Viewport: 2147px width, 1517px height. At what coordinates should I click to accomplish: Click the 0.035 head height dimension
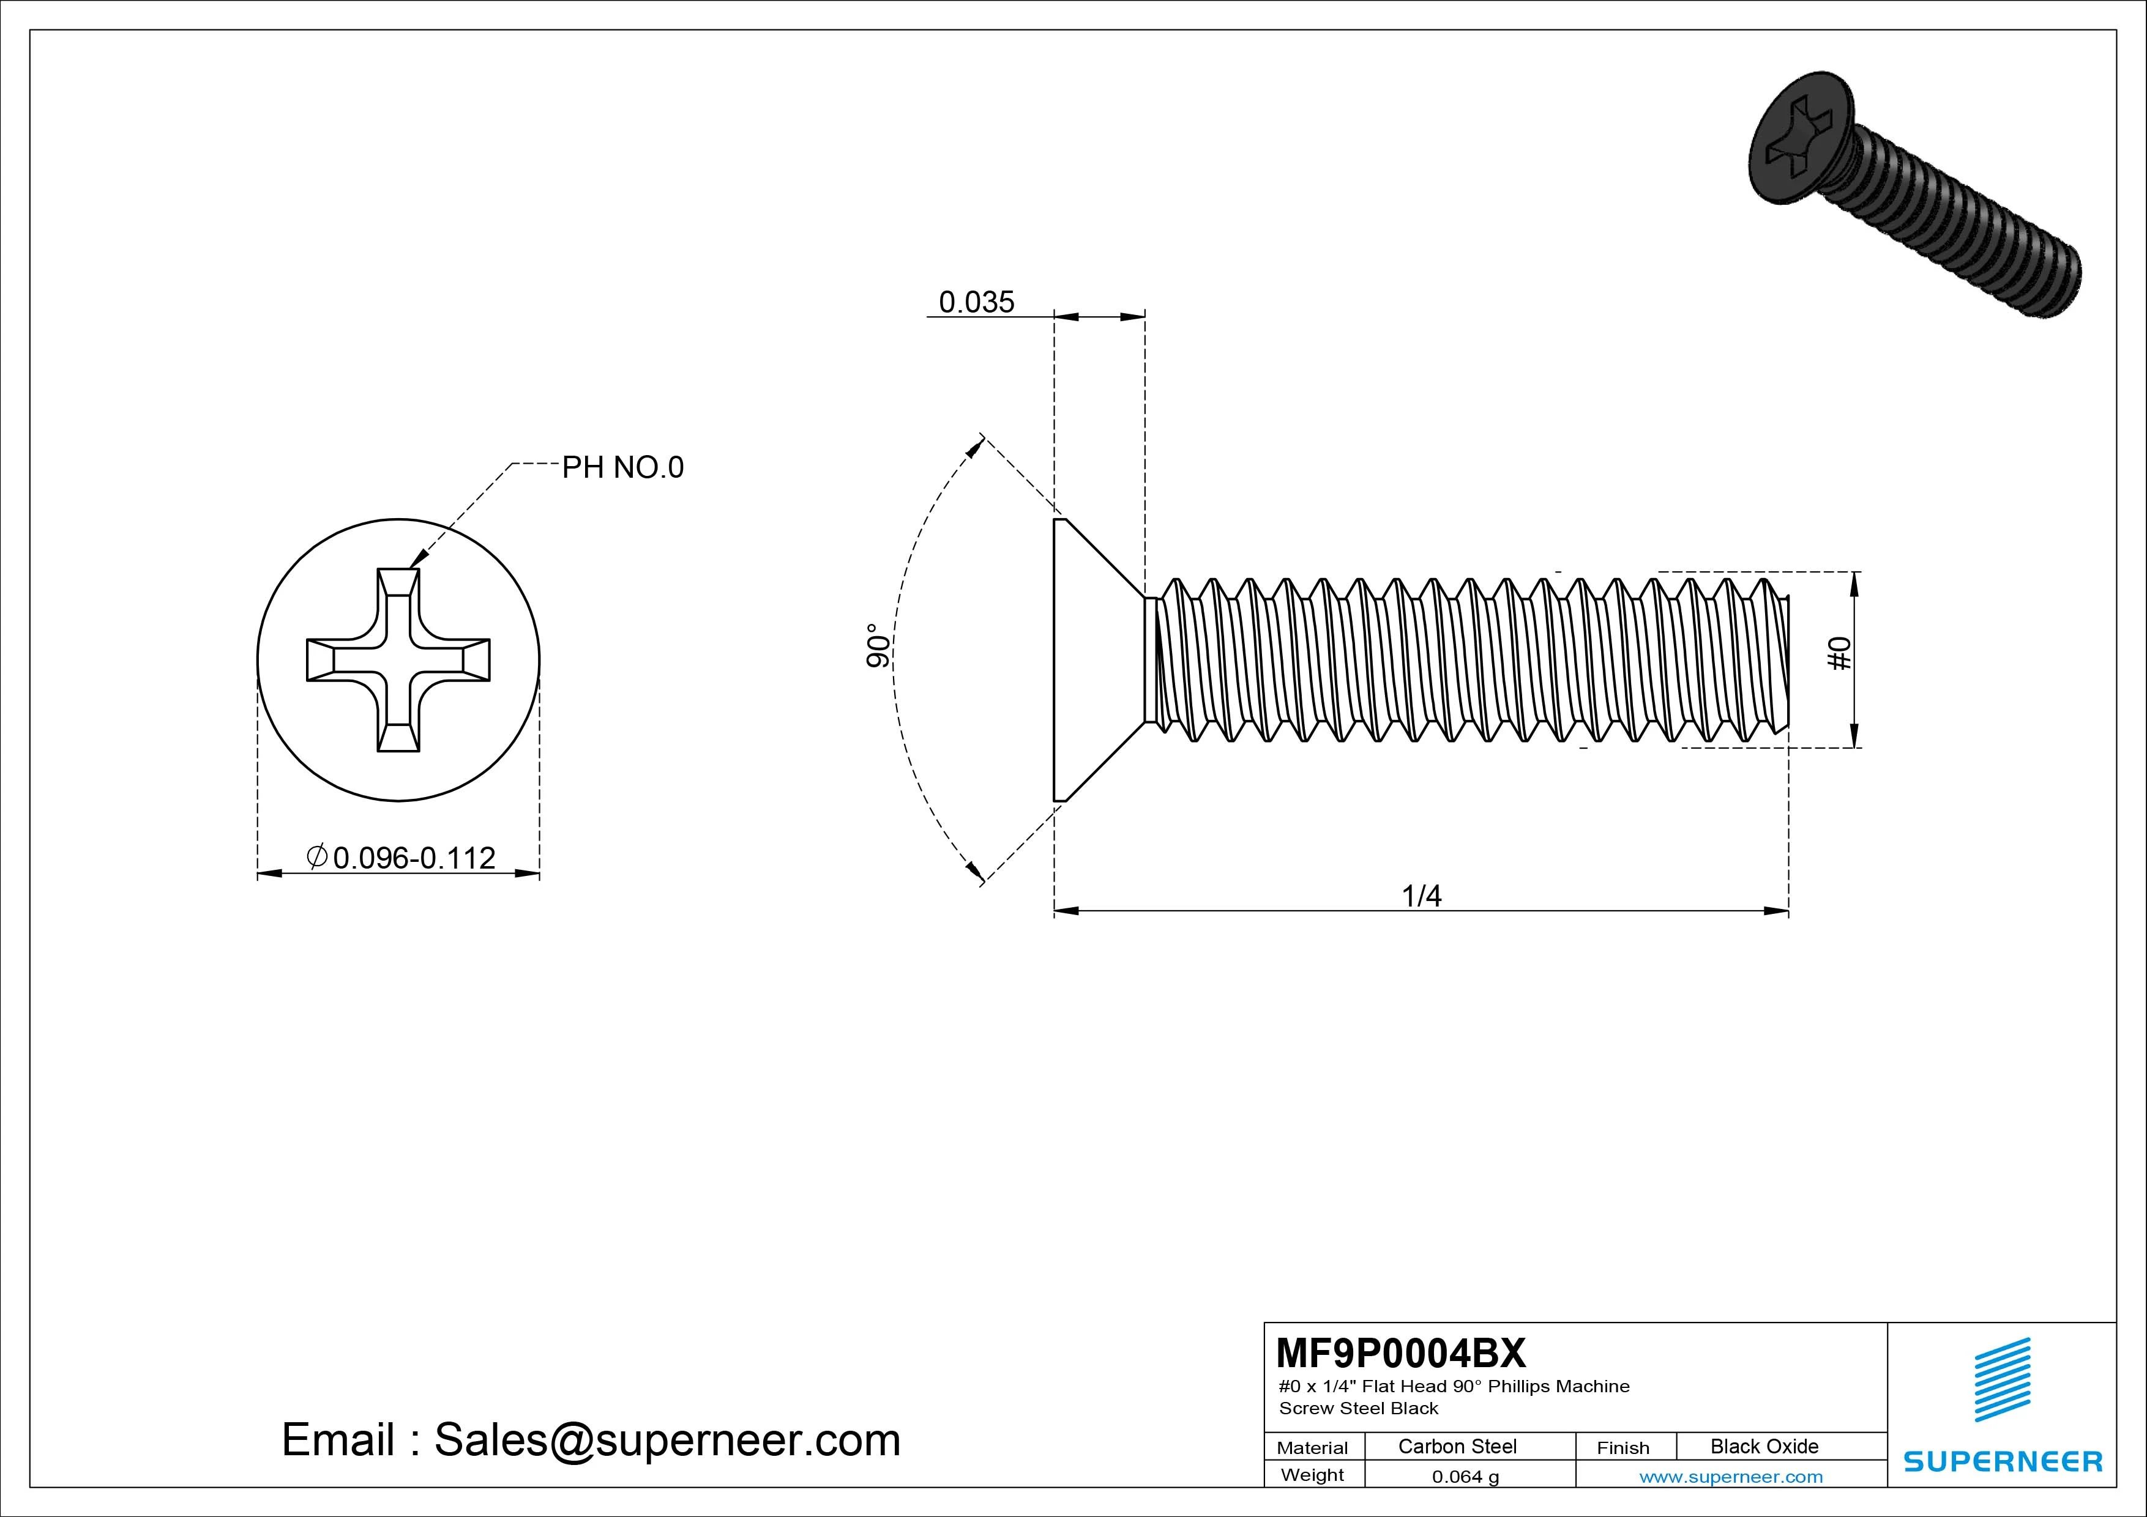[976, 302]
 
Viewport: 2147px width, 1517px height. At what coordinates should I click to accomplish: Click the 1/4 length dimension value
[1421, 896]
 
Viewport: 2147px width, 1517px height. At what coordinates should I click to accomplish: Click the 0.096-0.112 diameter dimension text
[413, 857]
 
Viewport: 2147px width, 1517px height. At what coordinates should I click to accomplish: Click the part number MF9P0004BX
[1400, 1352]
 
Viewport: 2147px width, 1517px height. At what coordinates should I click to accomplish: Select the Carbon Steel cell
[1457, 1446]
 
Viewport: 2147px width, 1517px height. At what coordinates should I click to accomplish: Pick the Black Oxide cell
[1764, 1446]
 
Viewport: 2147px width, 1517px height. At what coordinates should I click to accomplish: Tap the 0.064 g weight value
[1465, 1477]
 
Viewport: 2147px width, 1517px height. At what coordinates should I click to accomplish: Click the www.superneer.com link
[1731, 1477]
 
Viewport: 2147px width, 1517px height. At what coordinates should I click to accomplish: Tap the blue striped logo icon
[2002, 1379]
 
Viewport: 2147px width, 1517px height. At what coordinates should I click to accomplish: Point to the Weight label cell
[1312, 1475]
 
